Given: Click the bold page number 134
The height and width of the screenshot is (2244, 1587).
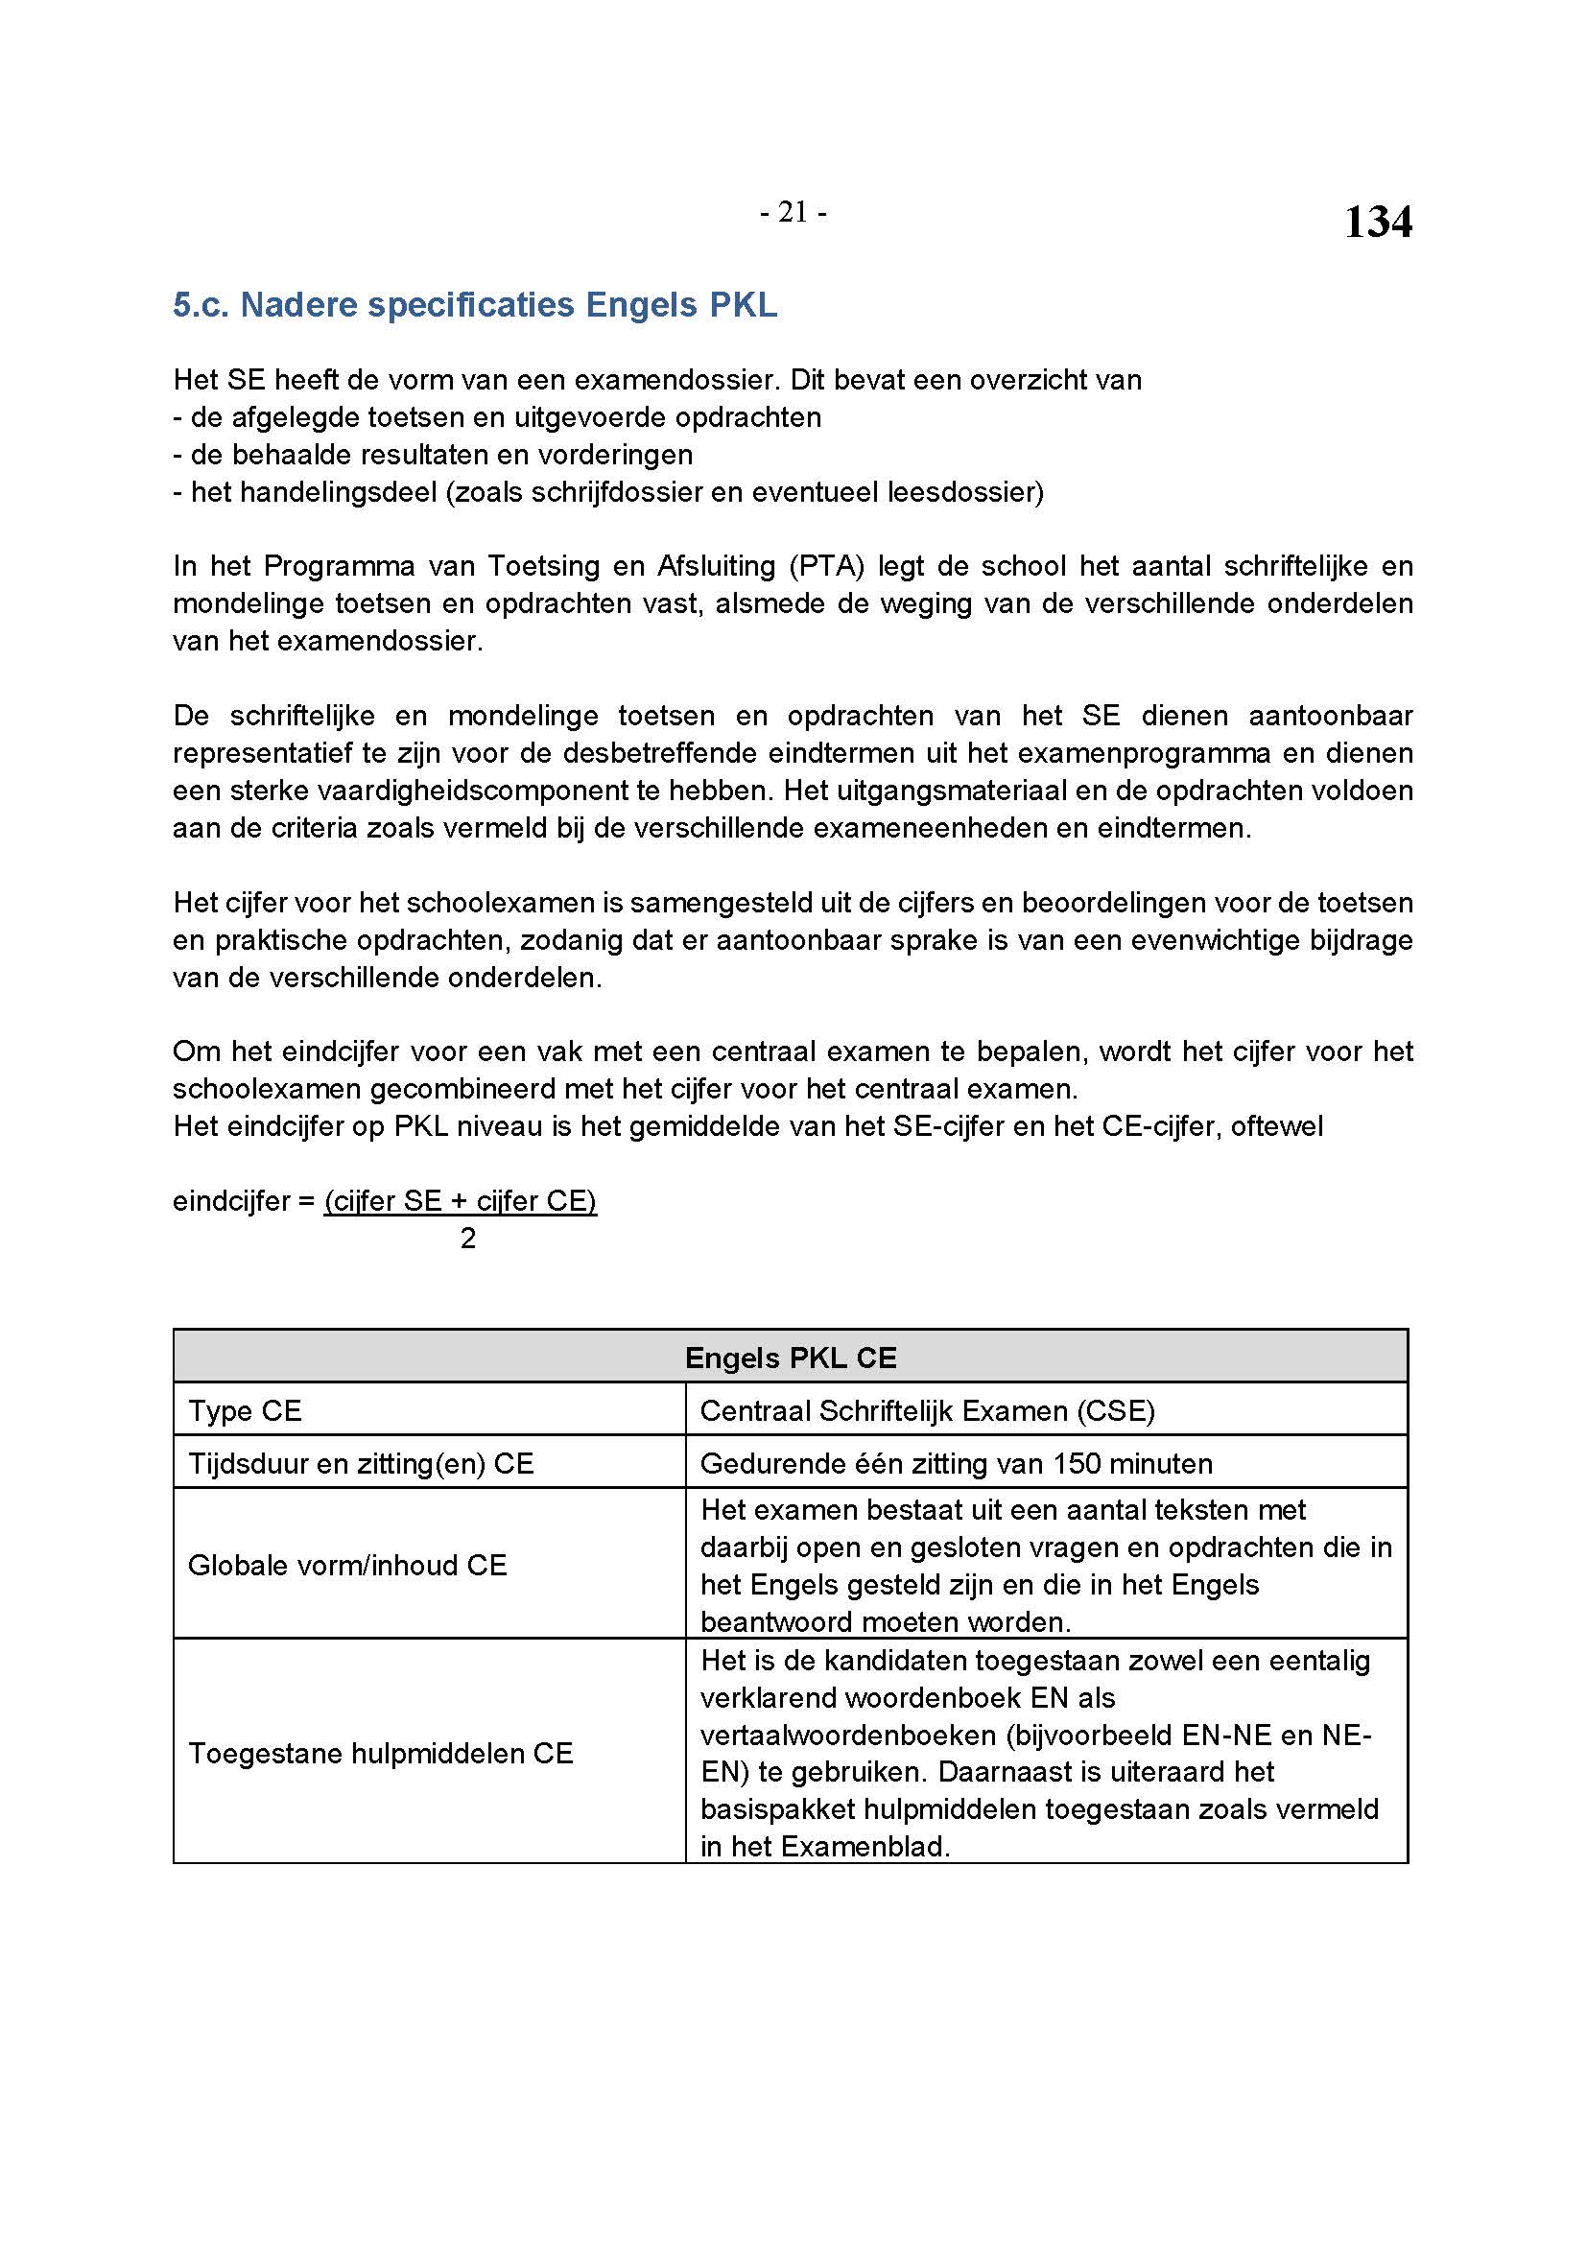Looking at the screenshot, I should (1377, 222).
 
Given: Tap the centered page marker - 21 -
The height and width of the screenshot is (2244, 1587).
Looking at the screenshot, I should (793, 212).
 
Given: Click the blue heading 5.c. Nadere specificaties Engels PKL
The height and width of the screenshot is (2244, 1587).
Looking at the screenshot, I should (475, 305).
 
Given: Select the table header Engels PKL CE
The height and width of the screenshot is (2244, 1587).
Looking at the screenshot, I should (791, 1358).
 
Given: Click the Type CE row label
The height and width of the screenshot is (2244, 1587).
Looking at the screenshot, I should (246, 1410).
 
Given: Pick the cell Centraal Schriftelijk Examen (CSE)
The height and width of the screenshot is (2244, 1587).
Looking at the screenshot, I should (928, 1410).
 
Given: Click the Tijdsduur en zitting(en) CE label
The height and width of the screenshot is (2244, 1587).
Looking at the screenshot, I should (361, 1463).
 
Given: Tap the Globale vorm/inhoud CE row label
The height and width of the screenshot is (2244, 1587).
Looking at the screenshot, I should (347, 1565).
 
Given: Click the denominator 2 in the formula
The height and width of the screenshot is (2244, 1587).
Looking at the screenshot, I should (468, 1239).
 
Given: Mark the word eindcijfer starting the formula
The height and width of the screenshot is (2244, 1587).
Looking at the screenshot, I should (231, 1201).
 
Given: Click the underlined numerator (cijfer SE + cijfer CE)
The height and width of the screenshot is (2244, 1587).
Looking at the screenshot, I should (461, 1201).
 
